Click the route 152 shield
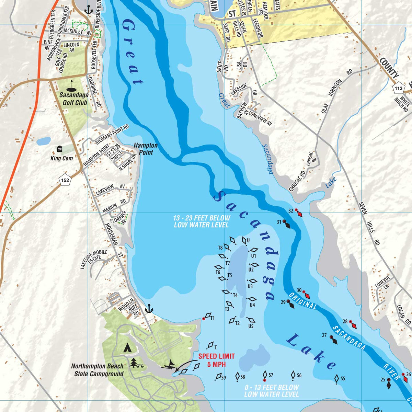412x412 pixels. pyautogui.click(x=65, y=180)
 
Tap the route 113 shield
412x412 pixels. pyautogui.click(x=398, y=88)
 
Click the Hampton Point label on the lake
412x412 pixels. pyautogui.click(x=146, y=149)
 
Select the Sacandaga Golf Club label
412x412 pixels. pyautogui.click(x=73, y=99)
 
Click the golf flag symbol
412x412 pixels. pyautogui.click(x=72, y=85)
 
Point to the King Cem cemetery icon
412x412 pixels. pyautogui.click(x=60, y=149)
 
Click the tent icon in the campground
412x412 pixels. pyautogui.click(x=127, y=347)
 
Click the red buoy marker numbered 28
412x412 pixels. pyautogui.click(x=354, y=324)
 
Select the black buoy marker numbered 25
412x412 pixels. pyautogui.click(x=389, y=384)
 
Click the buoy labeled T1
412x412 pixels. pyautogui.click(x=207, y=316)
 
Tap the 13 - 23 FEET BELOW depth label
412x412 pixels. pyautogui.click(x=202, y=221)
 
